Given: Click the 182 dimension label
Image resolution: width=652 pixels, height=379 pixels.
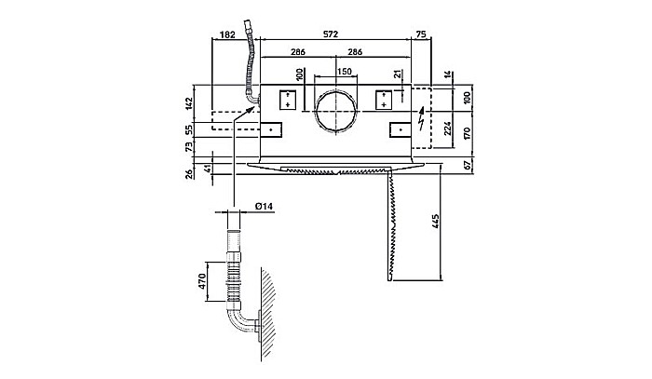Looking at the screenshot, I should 225,34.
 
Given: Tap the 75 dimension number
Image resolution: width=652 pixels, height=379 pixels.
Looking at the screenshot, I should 422,34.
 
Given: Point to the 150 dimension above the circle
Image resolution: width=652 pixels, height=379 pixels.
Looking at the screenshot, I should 344,72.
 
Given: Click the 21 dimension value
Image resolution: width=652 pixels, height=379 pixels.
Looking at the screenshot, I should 399,74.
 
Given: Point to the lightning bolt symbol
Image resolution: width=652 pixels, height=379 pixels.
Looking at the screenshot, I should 423,118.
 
